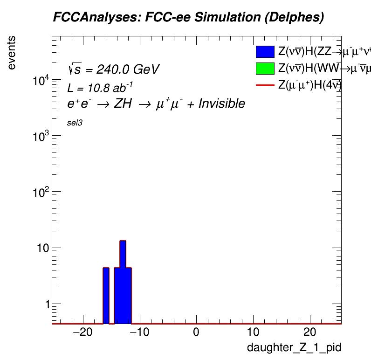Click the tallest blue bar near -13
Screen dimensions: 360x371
coord(123,280)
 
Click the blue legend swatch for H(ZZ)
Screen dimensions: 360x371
coord(265,52)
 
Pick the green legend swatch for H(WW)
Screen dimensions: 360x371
coord(265,69)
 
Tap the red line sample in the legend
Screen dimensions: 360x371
coord(265,85)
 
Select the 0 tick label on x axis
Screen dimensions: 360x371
coord(196,334)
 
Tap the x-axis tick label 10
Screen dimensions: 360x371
coord(253,334)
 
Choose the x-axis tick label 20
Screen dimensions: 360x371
coord(309,334)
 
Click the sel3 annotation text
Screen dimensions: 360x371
coord(75,123)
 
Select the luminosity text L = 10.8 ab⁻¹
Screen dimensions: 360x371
coord(100,88)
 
